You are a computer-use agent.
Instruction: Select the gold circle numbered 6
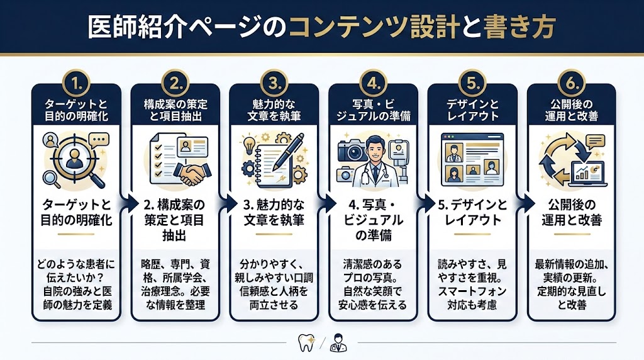coord(570,83)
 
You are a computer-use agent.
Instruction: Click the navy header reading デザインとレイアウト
coord(472,110)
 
